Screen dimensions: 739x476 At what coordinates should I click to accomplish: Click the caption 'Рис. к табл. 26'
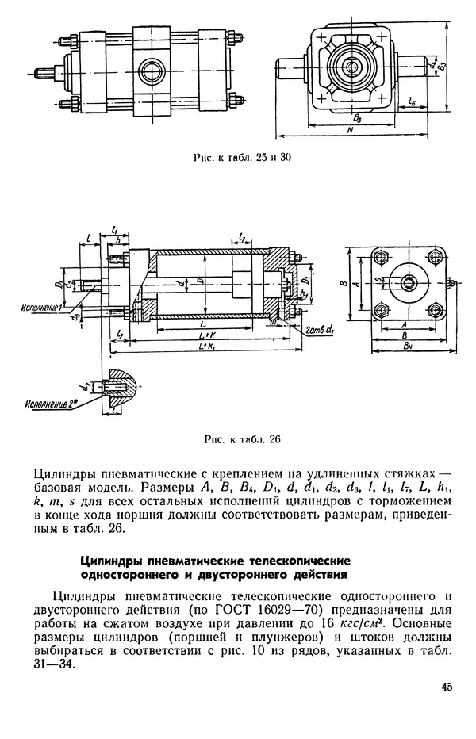(243, 438)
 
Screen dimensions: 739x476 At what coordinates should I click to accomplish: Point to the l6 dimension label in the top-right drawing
(413, 101)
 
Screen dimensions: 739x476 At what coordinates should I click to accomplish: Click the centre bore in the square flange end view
(405, 282)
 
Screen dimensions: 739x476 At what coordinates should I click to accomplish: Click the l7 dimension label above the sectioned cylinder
(241, 239)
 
